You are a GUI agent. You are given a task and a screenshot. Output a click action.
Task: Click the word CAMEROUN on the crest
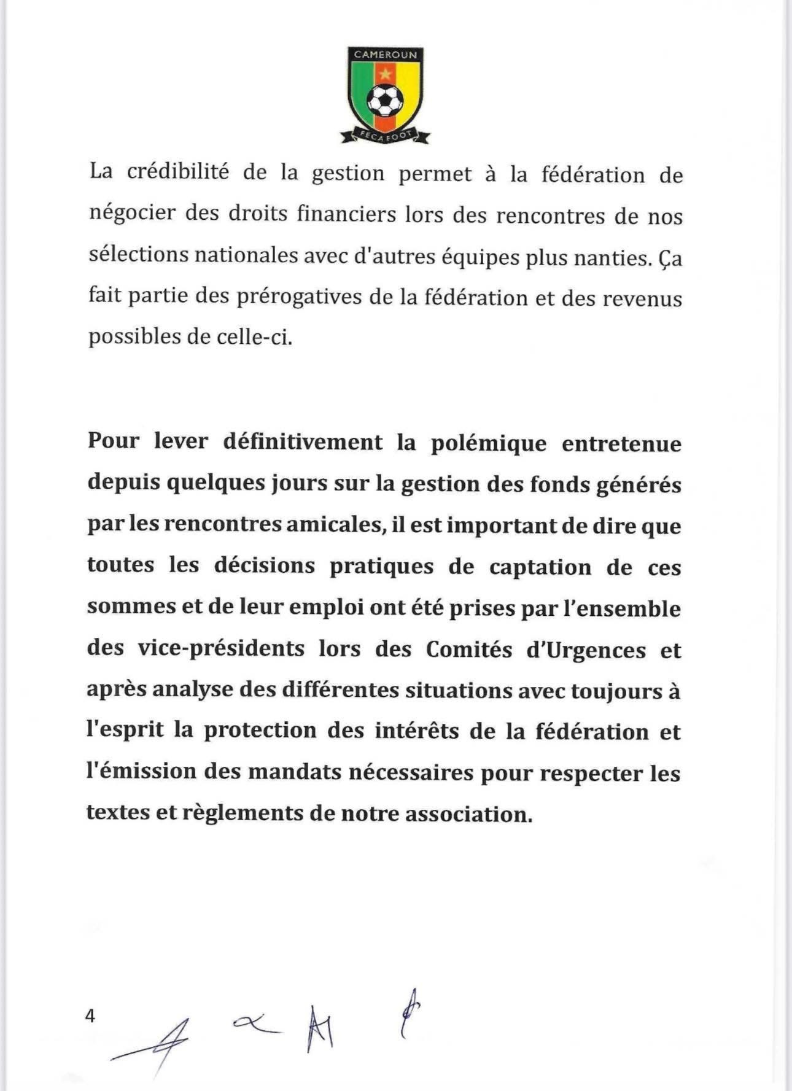pos(386,55)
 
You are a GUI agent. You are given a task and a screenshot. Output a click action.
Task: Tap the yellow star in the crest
pos(385,74)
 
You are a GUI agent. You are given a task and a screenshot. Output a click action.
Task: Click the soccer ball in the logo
pos(385,100)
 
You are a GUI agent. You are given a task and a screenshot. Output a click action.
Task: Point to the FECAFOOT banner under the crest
pos(385,133)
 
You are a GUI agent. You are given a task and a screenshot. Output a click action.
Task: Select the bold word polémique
pos(488,443)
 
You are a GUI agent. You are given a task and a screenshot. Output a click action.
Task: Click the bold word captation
pos(540,567)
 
